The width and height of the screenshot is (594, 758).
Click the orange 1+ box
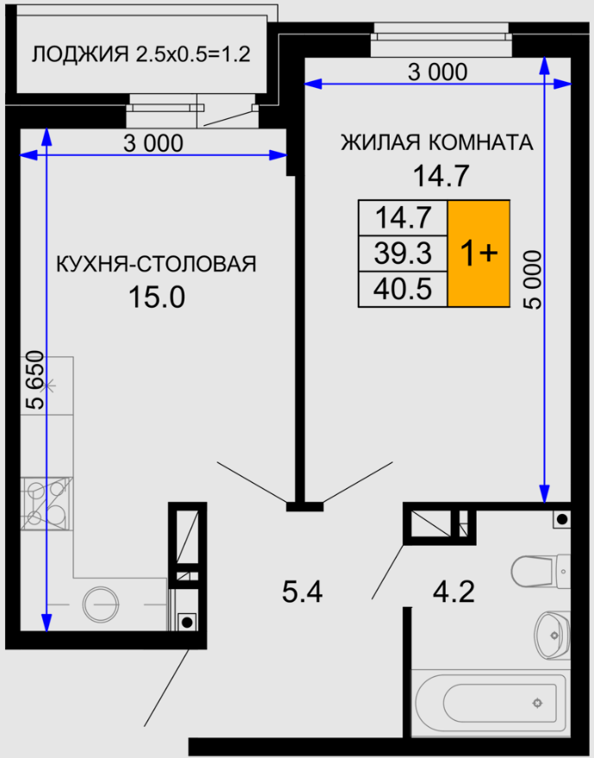pos(478,254)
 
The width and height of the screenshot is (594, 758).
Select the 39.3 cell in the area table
pos(403,254)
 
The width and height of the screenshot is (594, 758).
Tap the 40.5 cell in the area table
pos(403,289)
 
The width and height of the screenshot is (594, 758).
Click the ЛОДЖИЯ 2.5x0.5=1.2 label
pos(141,54)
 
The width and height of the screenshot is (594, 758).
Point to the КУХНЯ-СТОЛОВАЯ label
pos(156,264)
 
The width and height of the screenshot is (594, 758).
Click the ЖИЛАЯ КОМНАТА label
pos(437,142)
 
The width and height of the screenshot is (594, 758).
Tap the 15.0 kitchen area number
pos(157,297)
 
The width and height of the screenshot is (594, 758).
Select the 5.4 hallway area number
pos(302,592)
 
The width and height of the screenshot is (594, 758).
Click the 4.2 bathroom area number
pos(453,592)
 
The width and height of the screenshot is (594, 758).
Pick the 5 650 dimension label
pos(34,381)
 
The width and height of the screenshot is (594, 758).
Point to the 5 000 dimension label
pos(533,279)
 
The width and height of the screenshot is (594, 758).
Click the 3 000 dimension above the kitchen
pos(153,143)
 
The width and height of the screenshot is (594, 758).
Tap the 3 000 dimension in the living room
pos(437,72)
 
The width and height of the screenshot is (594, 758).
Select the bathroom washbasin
pos(553,634)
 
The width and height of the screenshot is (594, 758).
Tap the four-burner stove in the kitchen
pos(47,504)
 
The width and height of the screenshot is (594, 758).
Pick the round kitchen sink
pos(101,605)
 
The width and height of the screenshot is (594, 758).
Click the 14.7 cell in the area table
pos(403,218)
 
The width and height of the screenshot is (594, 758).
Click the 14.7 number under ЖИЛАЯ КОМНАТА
pos(441,176)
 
